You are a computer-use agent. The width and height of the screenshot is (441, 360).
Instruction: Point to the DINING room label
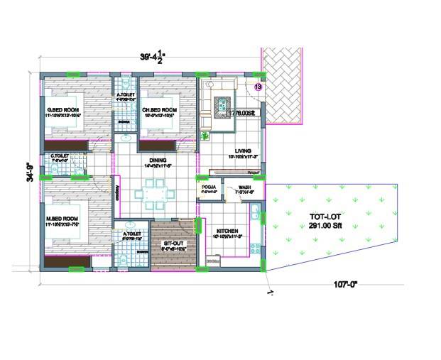click(158, 160)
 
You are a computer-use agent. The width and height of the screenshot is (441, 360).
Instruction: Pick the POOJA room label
click(208, 187)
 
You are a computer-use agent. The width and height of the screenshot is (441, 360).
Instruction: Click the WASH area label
click(235, 187)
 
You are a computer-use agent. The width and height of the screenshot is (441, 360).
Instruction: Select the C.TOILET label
click(59, 156)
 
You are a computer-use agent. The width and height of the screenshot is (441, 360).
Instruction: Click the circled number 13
click(258, 87)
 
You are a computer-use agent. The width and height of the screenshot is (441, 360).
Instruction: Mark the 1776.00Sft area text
click(240, 112)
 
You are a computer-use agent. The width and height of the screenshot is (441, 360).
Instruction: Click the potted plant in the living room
click(206, 135)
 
